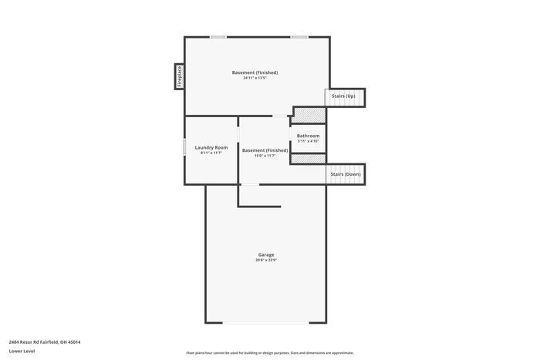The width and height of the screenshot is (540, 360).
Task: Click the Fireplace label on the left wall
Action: tap(179, 76)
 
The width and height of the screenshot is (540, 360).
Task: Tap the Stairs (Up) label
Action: tap(343, 96)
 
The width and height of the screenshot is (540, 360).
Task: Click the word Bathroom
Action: tap(308, 136)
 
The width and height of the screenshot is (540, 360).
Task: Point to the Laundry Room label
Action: tap(211, 147)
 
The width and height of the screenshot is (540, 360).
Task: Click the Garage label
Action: tap(265, 254)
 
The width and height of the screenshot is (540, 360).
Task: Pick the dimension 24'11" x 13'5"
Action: tap(255, 78)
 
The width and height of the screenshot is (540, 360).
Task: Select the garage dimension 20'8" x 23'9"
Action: tap(265, 261)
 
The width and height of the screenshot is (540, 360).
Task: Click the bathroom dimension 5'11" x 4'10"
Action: tap(308, 141)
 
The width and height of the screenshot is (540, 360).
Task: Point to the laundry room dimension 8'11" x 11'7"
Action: tap(211, 153)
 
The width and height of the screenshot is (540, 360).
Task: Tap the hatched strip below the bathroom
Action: tap(308, 159)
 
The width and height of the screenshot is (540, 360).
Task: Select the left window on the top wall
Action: tap(218, 37)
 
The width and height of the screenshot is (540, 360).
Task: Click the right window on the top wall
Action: tap(299, 37)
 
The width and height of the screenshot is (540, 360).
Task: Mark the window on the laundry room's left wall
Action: tap(184, 147)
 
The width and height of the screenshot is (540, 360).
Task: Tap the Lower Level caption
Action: tap(22, 351)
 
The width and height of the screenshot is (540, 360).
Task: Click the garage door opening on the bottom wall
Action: tap(265, 323)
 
